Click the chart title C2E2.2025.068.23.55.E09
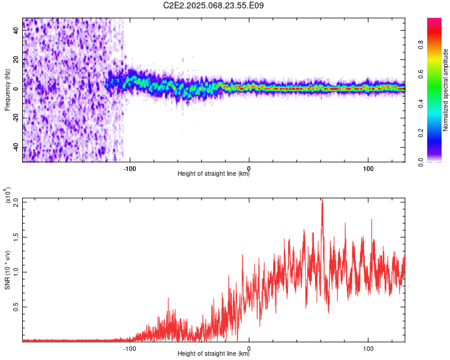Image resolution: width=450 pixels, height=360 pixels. (x=214, y=5)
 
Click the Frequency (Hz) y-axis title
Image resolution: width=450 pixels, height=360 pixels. (x=7, y=90)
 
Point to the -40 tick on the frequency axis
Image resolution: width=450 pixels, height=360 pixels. (x=16, y=148)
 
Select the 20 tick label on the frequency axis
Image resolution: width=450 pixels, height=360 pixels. (x=16, y=59)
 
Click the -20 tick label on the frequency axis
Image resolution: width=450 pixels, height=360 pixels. (x=16, y=118)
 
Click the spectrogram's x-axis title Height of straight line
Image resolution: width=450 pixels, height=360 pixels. (x=214, y=174)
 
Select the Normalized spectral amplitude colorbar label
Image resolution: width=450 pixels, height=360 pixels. (x=446, y=90)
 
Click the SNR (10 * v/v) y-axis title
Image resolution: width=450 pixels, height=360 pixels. (x=7, y=270)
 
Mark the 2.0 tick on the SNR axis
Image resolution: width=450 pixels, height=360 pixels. (x=16, y=202)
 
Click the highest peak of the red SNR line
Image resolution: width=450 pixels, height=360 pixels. (x=322, y=200)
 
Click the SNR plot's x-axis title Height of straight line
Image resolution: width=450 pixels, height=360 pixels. (x=214, y=354)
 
